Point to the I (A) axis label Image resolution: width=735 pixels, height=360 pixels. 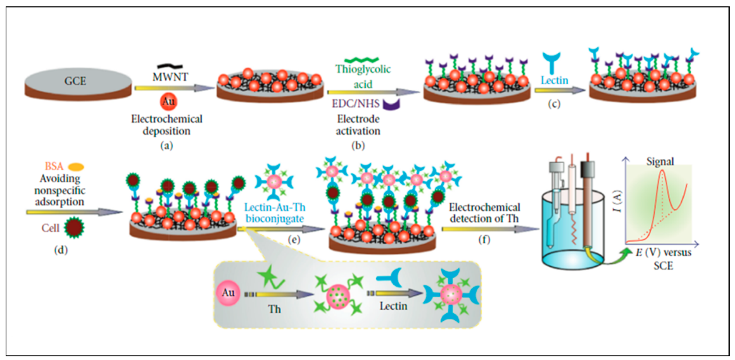(615, 202)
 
